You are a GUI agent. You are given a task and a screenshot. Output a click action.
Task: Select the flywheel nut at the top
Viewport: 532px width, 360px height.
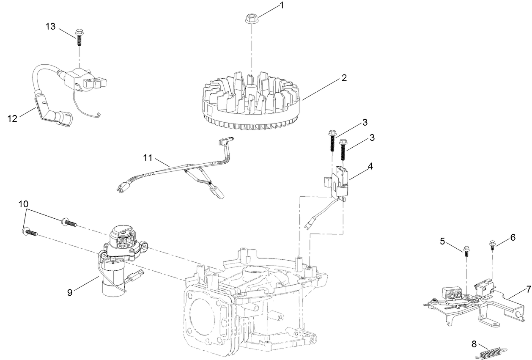(252, 19)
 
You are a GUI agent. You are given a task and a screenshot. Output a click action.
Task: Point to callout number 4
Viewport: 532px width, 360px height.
(370, 166)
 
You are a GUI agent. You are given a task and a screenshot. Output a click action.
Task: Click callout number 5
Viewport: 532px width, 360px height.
(442, 241)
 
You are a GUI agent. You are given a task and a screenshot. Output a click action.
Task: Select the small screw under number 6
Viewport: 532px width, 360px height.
(493, 245)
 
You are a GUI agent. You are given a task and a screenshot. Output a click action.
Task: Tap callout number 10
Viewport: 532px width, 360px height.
(24, 204)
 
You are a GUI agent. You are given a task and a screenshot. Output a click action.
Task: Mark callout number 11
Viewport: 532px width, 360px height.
(147, 158)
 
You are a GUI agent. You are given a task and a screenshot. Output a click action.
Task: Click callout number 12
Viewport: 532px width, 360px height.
(13, 118)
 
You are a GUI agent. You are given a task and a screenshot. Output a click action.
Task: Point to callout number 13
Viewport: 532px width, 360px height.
(50, 26)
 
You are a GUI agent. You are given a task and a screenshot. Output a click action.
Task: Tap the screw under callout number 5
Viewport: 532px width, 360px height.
(466, 251)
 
